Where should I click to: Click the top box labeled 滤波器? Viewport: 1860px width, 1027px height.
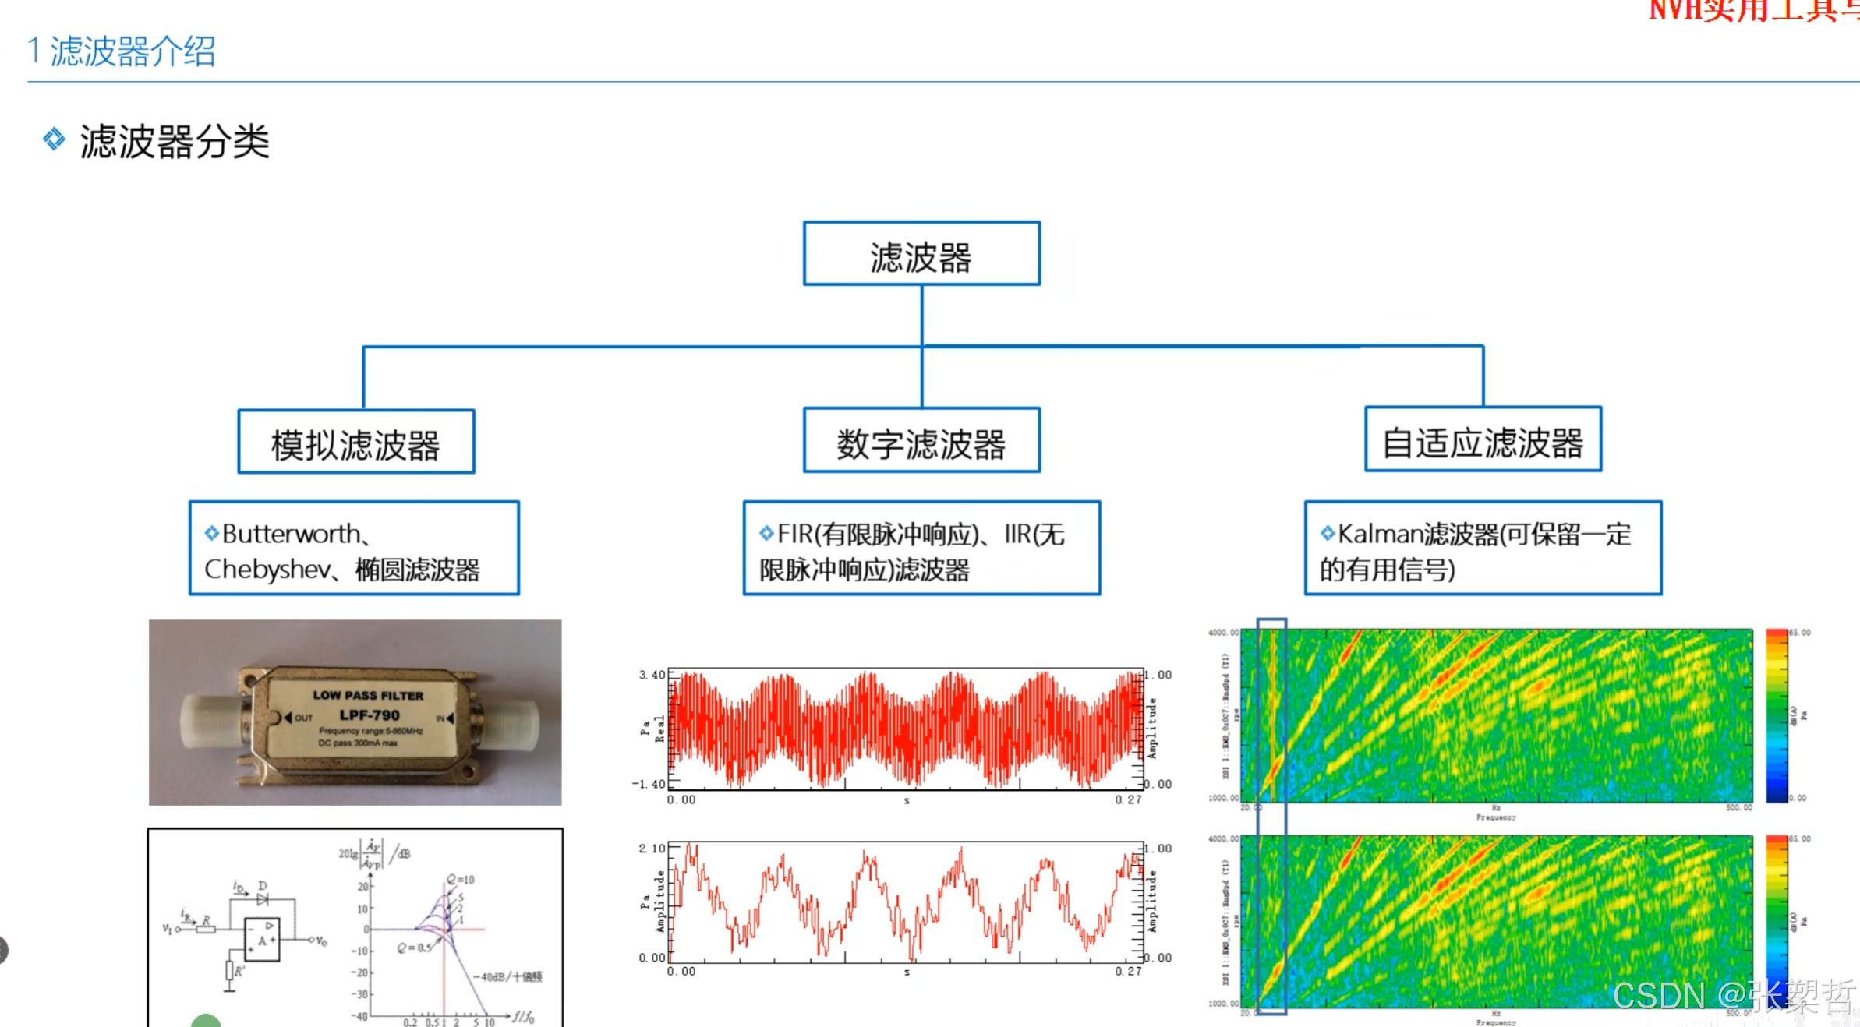[x=921, y=255]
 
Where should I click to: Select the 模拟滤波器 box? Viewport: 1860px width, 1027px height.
[x=356, y=443]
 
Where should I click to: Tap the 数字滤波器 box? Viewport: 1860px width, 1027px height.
[x=921, y=441]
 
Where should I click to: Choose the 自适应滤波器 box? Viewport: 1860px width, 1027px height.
[x=1483, y=440]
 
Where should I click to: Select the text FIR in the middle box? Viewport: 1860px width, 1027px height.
[x=795, y=534]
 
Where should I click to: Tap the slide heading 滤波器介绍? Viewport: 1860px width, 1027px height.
[x=133, y=52]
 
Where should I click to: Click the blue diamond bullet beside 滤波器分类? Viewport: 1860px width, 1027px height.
[x=54, y=139]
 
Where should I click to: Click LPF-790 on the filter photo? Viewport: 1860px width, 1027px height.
[x=370, y=715]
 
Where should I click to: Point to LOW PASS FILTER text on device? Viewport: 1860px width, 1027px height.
[x=368, y=695]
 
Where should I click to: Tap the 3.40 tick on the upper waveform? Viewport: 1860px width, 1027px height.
[x=652, y=675]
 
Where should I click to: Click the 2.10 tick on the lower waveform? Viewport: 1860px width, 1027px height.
[x=652, y=848]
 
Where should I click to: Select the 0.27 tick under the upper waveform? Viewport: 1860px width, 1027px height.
[x=1128, y=799]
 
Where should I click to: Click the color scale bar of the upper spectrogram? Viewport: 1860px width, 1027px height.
[x=1777, y=715]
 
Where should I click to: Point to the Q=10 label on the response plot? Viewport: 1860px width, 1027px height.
[x=461, y=880]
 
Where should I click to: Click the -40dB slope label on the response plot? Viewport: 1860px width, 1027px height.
[x=507, y=976]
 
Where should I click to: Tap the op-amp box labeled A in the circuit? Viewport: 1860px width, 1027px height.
[x=262, y=939]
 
